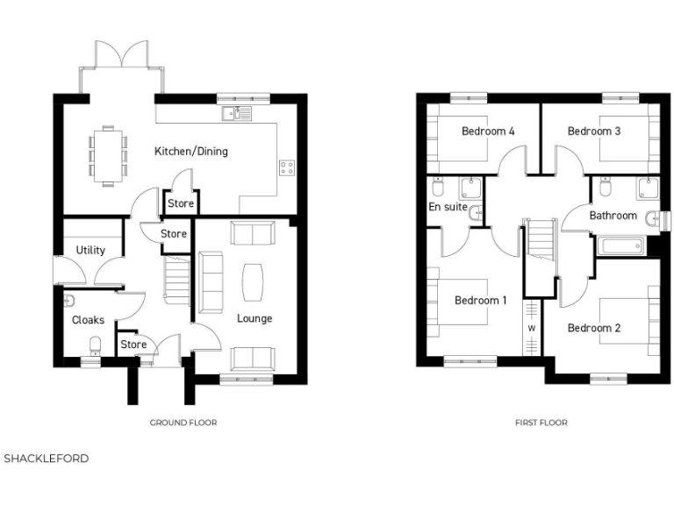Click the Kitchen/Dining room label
190,152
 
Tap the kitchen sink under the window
237,112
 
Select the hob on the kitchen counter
287,167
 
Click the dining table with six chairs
108,156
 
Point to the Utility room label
90,250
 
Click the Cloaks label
88,320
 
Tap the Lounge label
255,318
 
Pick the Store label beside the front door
133,345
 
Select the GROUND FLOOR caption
183,423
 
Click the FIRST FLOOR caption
541,423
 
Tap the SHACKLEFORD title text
47,459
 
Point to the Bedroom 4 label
488,132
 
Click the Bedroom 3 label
594,132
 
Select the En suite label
447,208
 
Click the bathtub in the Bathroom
622,244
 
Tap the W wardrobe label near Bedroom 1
532,329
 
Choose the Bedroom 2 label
594,328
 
